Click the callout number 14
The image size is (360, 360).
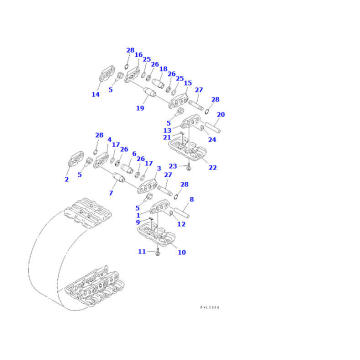pos(95,95)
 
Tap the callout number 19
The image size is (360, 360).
pos(140,107)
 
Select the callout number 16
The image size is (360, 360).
pos(138,57)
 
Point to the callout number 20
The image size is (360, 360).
pos(220,115)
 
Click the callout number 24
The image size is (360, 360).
pos(211,140)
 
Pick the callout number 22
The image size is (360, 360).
pos(212,167)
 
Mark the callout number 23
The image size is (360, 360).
pos(172,166)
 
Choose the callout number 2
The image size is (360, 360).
pos(66,179)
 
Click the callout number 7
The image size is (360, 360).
pos(112,191)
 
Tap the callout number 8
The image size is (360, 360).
pos(191,200)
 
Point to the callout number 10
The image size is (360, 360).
pos(181,253)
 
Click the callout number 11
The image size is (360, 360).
pos(142,252)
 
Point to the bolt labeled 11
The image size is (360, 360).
pos(157,251)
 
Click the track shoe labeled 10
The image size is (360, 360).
pos(160,233)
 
